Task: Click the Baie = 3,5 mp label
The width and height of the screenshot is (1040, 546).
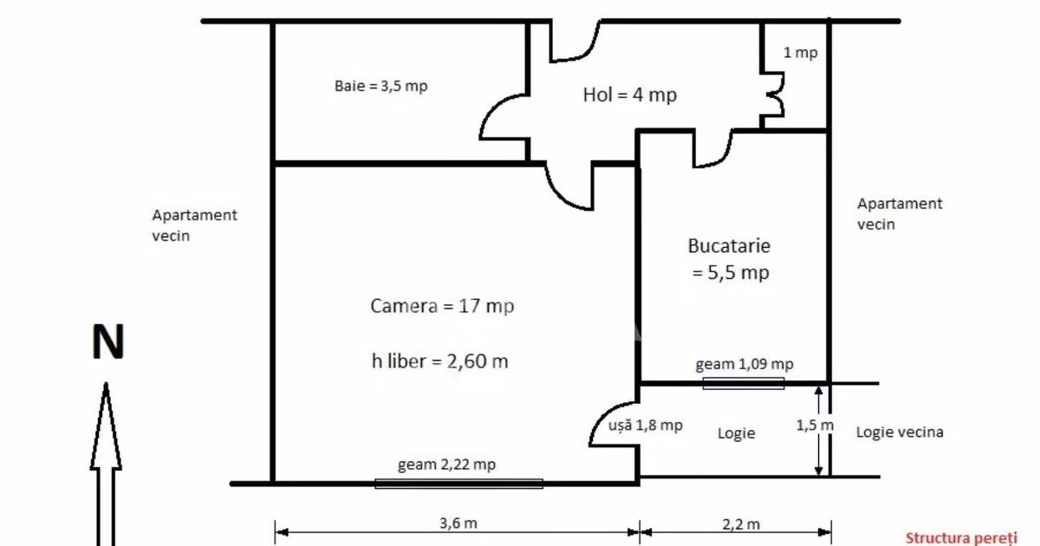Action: pyautogui.click(x=380, y=86)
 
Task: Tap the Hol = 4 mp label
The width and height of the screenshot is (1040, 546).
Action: pyautogui.click(x=629, y=94)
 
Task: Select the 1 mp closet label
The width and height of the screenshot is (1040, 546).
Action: pyautogui.click(x=800, y=53)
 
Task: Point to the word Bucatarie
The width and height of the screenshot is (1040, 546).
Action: pyautogui.click(x=729, y=245)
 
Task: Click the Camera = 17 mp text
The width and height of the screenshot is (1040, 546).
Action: pyautogui.click(x=442, y=306)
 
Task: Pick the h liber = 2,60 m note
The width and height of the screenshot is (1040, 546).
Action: pyautogui.click(x=439, y=361)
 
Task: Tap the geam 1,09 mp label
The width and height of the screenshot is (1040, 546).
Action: pyautogui.click(x=744, y=364)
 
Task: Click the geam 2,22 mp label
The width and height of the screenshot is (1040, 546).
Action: pyautogui.click(x=446, y=465)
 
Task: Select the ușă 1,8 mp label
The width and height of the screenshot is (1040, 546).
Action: pyautogui.click(x=646, y=425)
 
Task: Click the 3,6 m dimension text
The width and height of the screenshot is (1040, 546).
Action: pyautogui.click(x=458, y=523)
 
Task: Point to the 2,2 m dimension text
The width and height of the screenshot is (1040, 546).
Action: pyautogui.click(x=741, y=524)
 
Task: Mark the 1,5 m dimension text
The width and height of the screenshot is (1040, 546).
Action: pyautogui.click(x=815, y=425)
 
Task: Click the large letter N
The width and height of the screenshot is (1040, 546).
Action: pyautogui.click(x=108, y=341)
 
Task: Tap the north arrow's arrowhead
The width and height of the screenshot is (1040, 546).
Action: pyautogui.click(x=106, y=426)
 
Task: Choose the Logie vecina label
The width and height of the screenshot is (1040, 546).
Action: pyautogui.click(x=900, y=432)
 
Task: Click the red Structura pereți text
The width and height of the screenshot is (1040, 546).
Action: pyautogui.click(x=961, y=538)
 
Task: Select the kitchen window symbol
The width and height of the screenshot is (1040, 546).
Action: pyautogui.click(x=744, y=383)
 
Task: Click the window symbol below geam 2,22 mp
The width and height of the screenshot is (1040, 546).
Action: pyautogui.click(x=458, y=484)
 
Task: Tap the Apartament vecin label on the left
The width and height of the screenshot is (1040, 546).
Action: pyautogui.click(x=194, y=225)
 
